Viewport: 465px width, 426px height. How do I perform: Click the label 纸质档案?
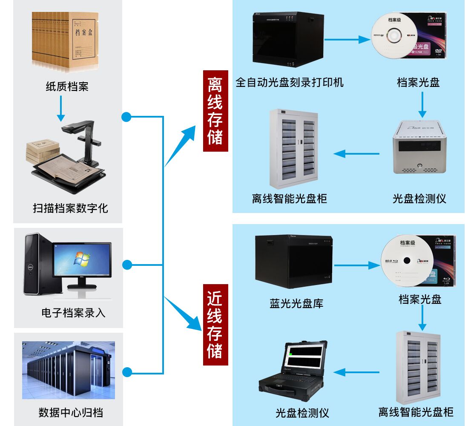coord(67,86)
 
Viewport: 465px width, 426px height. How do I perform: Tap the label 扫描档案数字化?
coord(71,208)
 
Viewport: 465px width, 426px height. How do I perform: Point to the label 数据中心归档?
coord(71,412)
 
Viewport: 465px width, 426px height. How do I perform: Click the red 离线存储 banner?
coord(215,111)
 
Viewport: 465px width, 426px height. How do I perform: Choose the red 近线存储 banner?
coord(215,325)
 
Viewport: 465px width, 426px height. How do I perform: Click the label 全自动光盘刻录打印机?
coord(290,82)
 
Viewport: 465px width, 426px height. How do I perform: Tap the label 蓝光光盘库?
coord(296,303)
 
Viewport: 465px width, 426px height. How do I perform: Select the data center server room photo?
coord(69,370)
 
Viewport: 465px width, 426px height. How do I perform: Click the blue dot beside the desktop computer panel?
coord(127,265)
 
